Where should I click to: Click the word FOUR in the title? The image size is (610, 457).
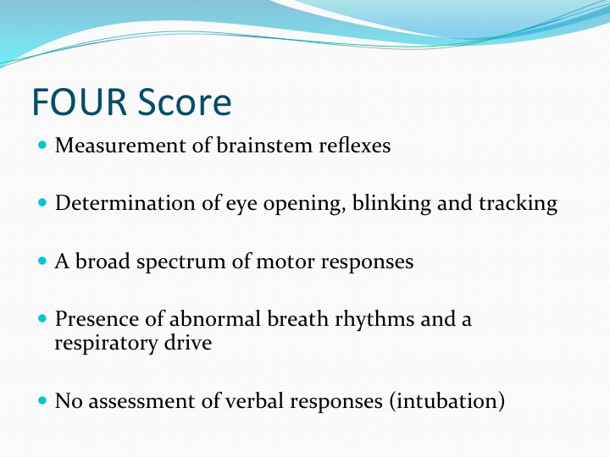(80, 102)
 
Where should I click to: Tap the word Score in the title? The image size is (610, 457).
(185, 102)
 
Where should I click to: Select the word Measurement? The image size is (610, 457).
(120, 146)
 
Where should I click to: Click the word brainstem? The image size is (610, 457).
(264, 146)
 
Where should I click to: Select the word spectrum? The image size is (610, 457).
(181, 262)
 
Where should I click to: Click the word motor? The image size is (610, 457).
(286, 262)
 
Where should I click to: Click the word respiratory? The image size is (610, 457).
(106, 344)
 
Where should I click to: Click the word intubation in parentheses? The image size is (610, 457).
(447, 401)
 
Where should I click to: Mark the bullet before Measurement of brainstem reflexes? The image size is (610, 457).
(43, 145)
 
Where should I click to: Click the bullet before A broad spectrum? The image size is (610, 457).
(43, 261)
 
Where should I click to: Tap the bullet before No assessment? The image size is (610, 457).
(43, 399)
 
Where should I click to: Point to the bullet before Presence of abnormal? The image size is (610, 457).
(43, 319)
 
